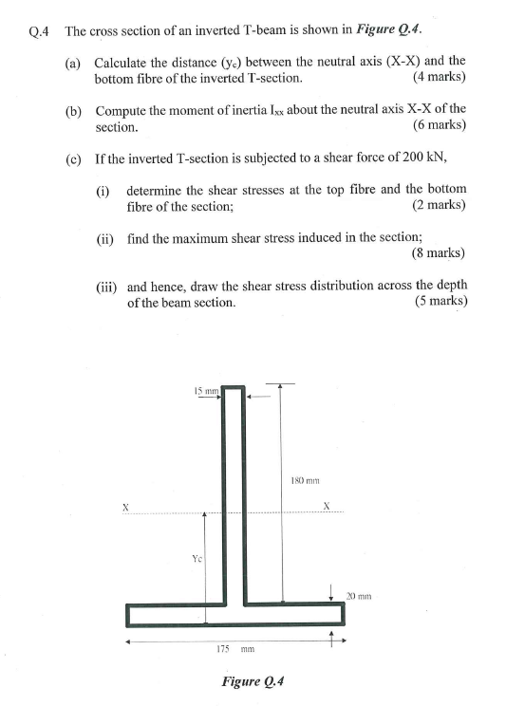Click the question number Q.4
39,30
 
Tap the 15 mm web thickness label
205,390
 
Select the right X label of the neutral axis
328,506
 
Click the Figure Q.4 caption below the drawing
253,680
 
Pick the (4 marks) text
440,78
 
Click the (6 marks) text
440,126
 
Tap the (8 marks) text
439,253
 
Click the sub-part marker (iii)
107,286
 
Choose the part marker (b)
73,111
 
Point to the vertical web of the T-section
234,493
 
